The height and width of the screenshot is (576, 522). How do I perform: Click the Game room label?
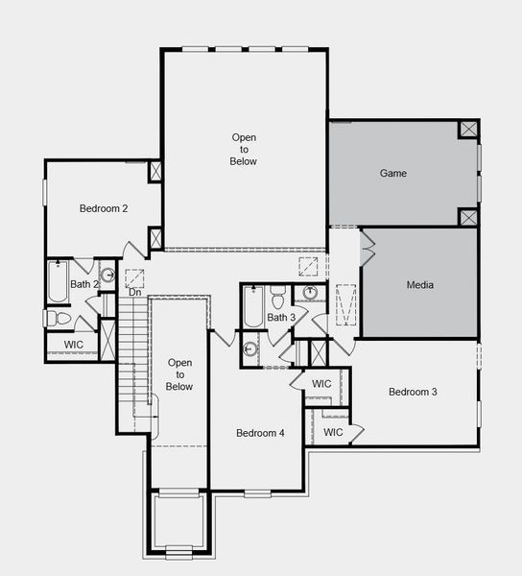[393, 174]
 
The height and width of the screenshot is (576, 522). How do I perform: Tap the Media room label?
[420, 285]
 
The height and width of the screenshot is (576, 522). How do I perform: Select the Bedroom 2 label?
[104, 207]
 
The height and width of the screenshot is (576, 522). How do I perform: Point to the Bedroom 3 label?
[413, 392]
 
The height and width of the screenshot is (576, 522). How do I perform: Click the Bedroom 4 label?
[260, 433]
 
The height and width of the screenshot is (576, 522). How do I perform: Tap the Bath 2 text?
[84, 284]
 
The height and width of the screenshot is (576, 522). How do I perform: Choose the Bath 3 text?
[281, 318]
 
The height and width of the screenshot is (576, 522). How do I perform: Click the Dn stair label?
[135, 292]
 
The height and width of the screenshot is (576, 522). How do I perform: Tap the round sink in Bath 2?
[107, 276]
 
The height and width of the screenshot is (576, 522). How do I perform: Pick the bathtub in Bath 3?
[252, 307]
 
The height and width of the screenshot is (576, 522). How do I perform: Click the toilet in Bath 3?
[278, 297]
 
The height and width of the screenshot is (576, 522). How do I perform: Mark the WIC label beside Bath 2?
[74, 345]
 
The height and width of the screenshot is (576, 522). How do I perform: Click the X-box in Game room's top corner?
[467, 130]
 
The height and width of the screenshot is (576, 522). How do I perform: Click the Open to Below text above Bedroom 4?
[179, 374]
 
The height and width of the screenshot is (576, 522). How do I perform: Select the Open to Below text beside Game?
[244, 149]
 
